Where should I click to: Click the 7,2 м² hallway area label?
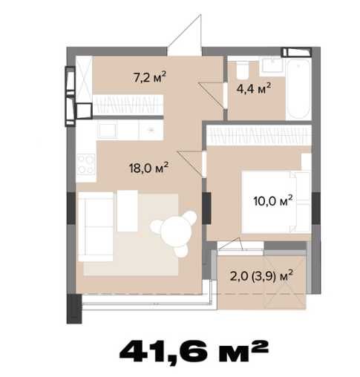pos(150,76)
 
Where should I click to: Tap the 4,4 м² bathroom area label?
pos(254,88)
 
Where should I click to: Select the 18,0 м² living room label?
pos(148,168)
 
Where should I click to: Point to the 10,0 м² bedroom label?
pos(273,200)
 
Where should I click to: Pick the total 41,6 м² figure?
pos(194,351)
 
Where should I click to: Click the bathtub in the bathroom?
pos(298,88)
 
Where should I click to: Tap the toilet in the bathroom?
pos(243,70)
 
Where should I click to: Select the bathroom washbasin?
pos(271,65)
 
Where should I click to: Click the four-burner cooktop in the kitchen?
pos(85,164)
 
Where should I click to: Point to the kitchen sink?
pos(108,131)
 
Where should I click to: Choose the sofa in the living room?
pos(96,226)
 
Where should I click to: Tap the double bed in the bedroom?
pos(276,202)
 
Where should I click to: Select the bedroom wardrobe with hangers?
pos(259,135)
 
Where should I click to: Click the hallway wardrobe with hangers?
pos(128,105)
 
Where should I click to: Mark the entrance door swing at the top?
pos(185,35)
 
